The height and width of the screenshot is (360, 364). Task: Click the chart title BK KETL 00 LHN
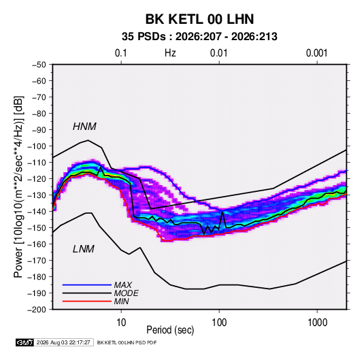click(x=199, y=19)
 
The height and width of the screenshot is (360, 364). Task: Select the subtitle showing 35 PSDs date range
click(x=199, y=37)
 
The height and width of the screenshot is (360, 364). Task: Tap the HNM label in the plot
click(x=84, y=127)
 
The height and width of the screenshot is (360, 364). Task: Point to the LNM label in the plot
click(x=84, y=249)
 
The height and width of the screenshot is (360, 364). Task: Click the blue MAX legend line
click(x=87, y=284)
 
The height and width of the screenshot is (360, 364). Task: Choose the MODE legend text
click(x=127, y=293)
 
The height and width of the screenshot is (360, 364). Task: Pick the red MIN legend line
click(x=87, y=301)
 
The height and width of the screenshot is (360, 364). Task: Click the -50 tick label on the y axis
click(x=39, y=65)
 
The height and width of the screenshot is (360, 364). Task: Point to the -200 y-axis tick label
click(x=37, y=310)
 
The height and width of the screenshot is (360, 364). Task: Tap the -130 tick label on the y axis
click(x=37, y=195)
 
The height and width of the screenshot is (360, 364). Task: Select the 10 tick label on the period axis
click(x=121, y=323)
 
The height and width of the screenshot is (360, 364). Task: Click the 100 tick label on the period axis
click(x=219, y=323)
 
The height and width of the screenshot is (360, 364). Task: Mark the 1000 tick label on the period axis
click(x=317, y=323)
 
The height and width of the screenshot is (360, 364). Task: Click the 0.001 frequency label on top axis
click(x=317, y=53)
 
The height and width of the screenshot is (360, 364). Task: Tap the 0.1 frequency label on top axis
click(x=121, y=53)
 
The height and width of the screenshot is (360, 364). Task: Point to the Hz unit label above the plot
click(x=170, y=53)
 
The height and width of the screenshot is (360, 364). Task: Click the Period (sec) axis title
click(x=170, y=330)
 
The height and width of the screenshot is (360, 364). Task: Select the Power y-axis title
click(x=18, y=187)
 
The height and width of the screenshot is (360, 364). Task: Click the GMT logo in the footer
click(x=25, y=342)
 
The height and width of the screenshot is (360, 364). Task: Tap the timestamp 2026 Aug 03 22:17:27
click(x=63, y=342)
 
